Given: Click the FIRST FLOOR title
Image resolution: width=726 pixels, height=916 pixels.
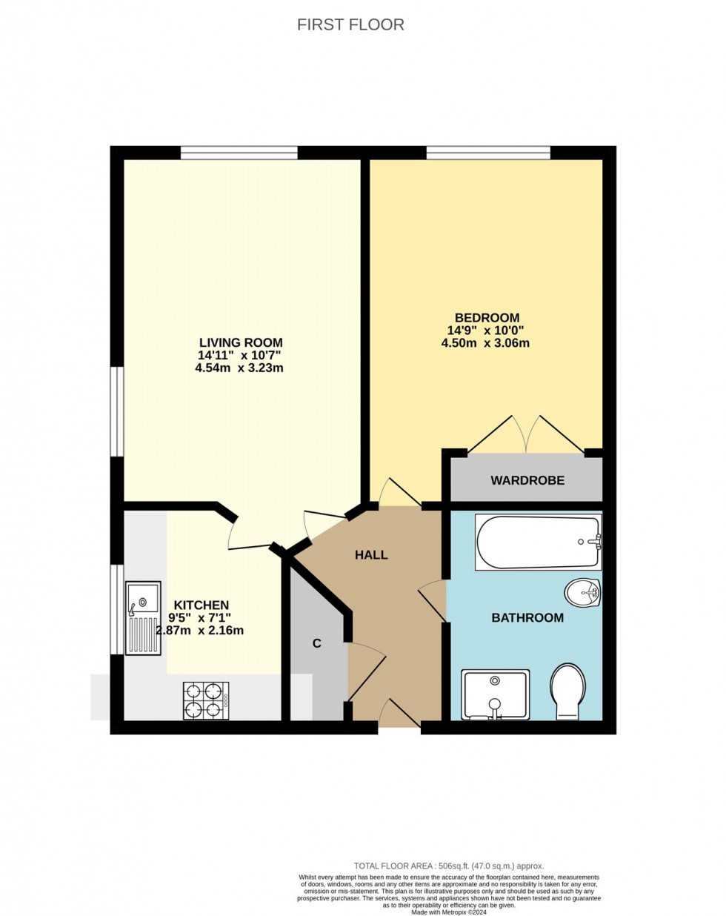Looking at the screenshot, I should pyautogui.click(x=350, y=24).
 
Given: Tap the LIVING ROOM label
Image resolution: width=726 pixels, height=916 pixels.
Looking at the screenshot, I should pyautogui.click(x=241, y=342).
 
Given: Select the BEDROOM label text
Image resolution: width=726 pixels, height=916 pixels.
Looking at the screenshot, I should pyautogui.click(x=482, y=318).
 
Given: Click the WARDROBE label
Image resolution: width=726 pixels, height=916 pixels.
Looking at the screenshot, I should pyautogui.click(x=527, y=480).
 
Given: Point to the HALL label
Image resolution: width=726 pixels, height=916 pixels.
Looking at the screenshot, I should pyautogui.click(x=371, y=554).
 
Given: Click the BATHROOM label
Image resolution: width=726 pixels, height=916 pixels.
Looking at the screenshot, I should pyautogui.click(x=527, y=617).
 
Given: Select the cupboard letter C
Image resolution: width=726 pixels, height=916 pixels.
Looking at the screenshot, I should pyautogui.click(x=316, y=643).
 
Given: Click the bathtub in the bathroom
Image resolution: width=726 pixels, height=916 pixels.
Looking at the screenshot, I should pyautogui.click(x=538, y=542).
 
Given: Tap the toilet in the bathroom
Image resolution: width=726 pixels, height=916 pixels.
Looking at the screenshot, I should pyautogui.click(x=568, y=691).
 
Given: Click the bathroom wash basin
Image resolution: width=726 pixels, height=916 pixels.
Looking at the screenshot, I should pyautogui.click(x=582, y=591).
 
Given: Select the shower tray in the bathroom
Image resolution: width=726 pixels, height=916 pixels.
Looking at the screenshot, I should pyautogui.click(x=495, y=694).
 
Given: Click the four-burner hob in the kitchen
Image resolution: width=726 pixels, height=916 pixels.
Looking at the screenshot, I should pyautogui.click(x=206, y=700).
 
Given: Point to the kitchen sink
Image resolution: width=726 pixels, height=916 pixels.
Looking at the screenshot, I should pyautogui.click(x=143, y=617).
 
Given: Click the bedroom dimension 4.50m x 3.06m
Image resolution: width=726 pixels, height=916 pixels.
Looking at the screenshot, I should pyautogui.click(x=485, y=343).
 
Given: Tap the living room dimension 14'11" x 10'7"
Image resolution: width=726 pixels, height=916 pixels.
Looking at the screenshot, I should pyautogui.click(x=239, y=355).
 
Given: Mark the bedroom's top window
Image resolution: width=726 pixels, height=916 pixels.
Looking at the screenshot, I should pyautogui.click(x=487, y=153).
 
